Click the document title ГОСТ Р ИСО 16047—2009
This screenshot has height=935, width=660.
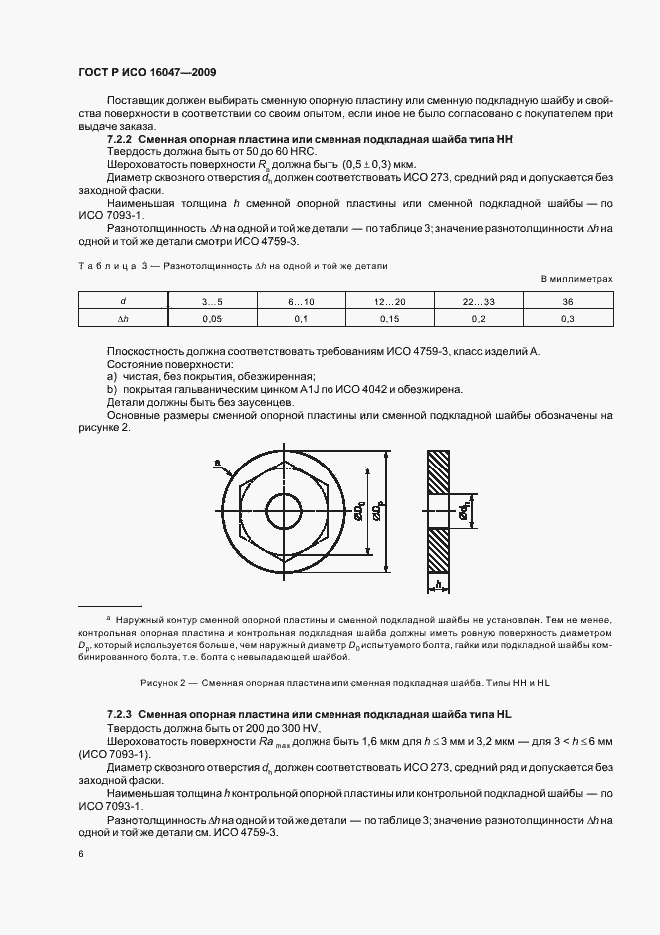[147, 73]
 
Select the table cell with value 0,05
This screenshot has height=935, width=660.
[212, 318]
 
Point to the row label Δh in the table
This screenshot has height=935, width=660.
[123, 318]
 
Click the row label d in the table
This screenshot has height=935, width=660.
[123, 301]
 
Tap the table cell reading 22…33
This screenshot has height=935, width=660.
[476, 301]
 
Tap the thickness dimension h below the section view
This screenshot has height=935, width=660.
[438, 584]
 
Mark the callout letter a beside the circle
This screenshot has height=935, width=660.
[216, 463]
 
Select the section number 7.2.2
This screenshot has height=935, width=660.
[119, 141]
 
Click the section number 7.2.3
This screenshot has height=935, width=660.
[119, 716]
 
